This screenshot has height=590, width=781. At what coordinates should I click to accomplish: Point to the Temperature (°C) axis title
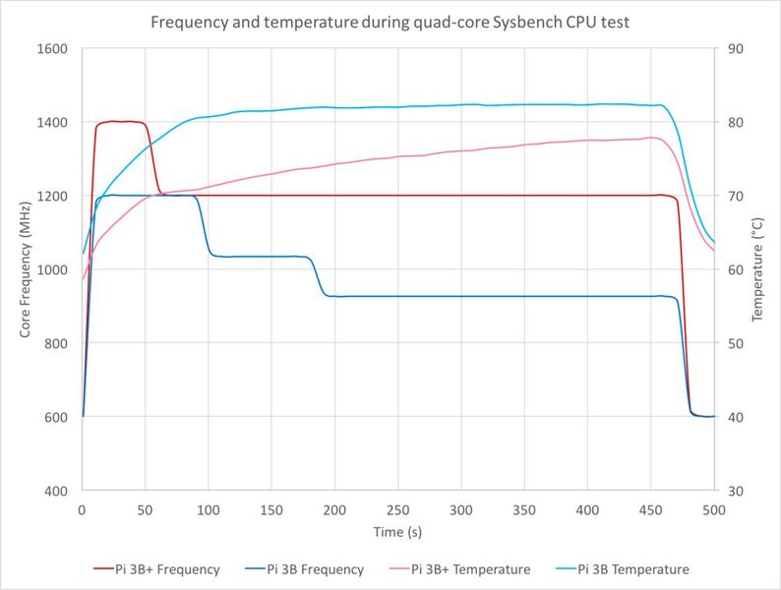coord(758,269)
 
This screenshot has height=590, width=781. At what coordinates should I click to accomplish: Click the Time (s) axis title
coord(397,532)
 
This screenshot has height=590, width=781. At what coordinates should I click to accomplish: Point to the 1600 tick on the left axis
coord(53,49)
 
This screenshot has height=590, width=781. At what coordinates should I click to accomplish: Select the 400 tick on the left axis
coord(57,491)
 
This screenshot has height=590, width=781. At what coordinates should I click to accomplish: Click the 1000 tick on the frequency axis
coord(53,269)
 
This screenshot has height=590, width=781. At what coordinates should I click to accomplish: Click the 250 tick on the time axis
coord(397,510)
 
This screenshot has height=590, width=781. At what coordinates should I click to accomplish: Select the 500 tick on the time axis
coord(714,510)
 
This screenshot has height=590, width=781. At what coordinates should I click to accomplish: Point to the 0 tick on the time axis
coord(82,510)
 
